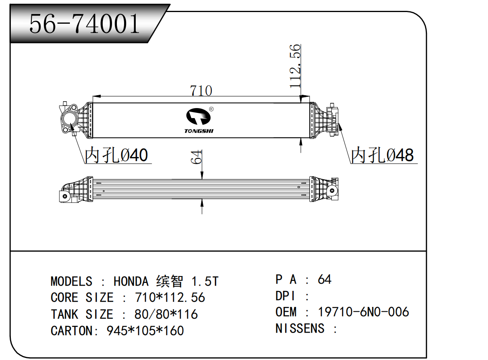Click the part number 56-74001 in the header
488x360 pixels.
coord(85,23)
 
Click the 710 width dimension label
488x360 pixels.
coord(201,90)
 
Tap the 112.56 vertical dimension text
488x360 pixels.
coord(295,66)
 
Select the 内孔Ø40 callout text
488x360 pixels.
coord(117,155)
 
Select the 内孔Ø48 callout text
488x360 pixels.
coord(382,155)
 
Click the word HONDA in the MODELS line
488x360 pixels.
coord(131,281)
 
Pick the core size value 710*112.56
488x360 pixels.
coord(170,298)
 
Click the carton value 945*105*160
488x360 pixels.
coord(145,331)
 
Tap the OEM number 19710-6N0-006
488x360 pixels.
coord(363,312)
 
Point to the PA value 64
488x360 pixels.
coord(325,279)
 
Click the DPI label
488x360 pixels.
coord(286,296)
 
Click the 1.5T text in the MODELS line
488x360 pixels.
coord(204,281)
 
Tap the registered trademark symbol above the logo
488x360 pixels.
coord(211,109)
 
